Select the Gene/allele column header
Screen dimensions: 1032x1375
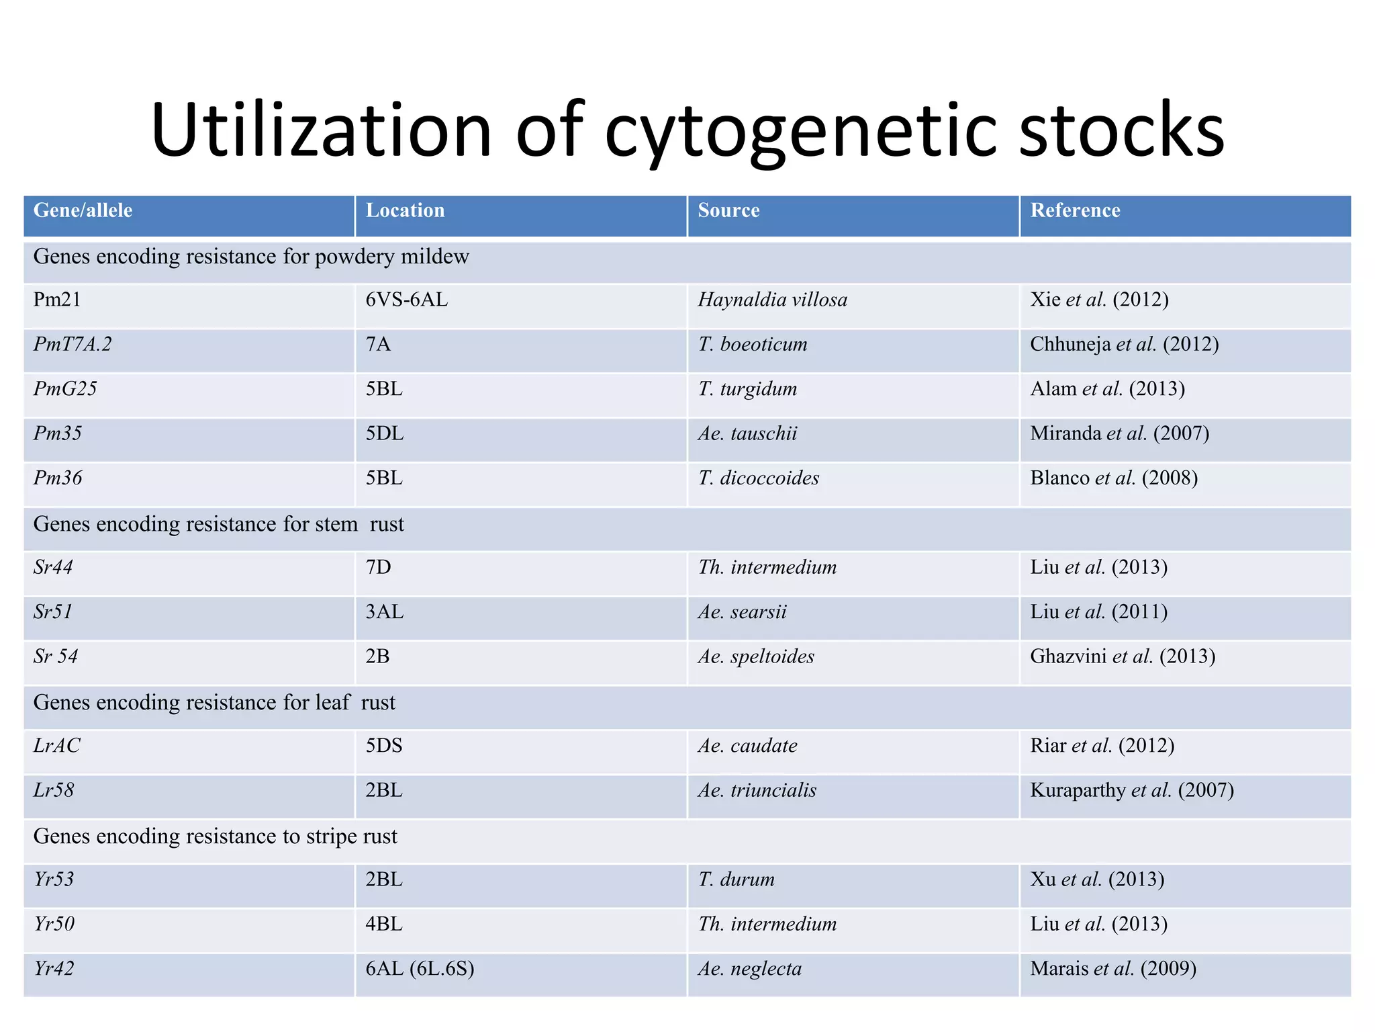pyautogui.click(x=83, y=211)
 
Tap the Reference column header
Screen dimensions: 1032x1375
pyautogui.click(x=1075, y=211)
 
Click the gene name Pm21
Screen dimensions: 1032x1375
pyautogui.click(x=57, y=300)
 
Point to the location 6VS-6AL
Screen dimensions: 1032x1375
pyautogui.click(x=406, y=300)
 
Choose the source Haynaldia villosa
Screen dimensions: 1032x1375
pyautogui.click(x=772, y=300)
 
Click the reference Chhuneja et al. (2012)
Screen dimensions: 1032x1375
pyautogui.click(x=1124, y=345)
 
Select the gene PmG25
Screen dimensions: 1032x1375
pyautogui.click(x=65, y=389)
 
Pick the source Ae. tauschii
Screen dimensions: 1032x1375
pyautogui.click(x=747, y=433)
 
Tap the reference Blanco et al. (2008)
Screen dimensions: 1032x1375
pyautogui.click(x=1114, y=478)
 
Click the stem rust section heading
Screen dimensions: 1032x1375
pyautogui.click(x=219, y=524)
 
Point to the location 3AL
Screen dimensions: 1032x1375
pyautogui.click(x=384, y=612)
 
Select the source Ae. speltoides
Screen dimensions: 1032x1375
pyautogui.click(x=756, y=656)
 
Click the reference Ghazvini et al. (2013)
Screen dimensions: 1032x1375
pyautogui.click(x=1123, y=656)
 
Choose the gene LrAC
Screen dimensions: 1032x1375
pyautogui.click(x=57, y=746)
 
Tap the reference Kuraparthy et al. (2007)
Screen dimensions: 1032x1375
pyautogui.click(x=1132, y=790)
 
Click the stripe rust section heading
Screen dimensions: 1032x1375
pyautogui.click(x=216, y=836)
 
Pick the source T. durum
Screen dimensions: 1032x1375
pyautogui.click(x=736, y=879)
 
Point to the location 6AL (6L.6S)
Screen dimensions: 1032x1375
pyautogui.click(x=420, y=969)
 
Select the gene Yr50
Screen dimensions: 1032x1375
pyautogui.click(x=54, y=924)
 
